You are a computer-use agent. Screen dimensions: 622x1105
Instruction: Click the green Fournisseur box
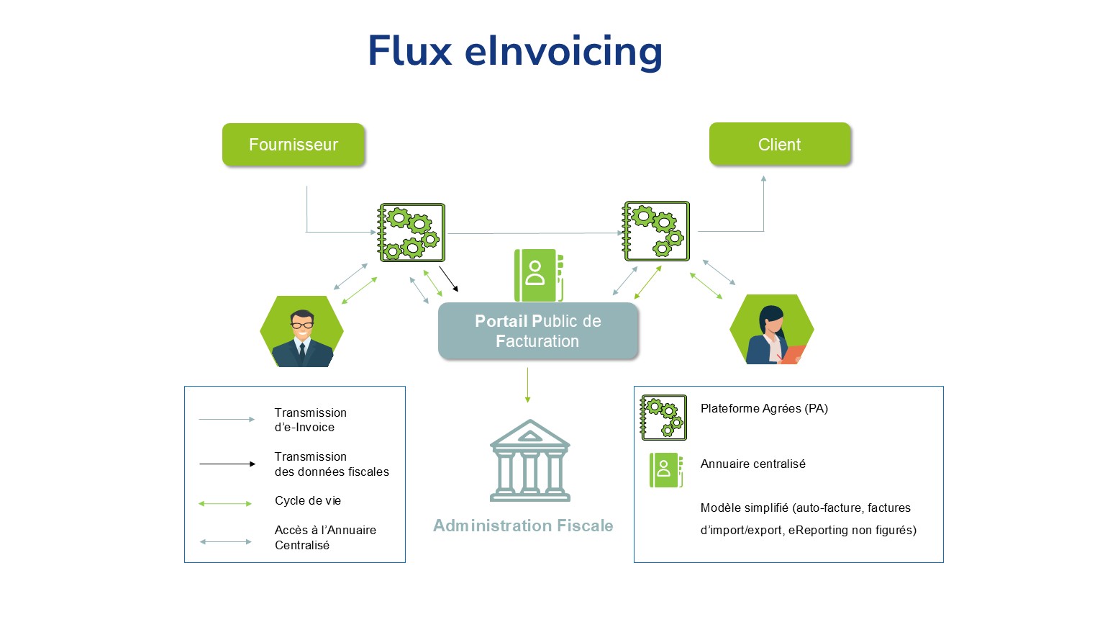point(294,145)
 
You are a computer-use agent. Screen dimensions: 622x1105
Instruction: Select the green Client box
point(780,145)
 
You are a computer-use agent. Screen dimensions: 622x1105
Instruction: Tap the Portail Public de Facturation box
point(538,331)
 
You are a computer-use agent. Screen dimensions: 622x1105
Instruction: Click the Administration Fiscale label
point(523,526)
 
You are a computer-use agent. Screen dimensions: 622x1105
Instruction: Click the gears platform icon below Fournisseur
point(412,233)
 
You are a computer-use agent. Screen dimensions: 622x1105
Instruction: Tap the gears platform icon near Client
point(657,231)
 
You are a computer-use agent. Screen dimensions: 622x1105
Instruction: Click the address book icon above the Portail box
point(538,275)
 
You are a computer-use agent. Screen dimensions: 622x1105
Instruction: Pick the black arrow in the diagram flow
point(449,279)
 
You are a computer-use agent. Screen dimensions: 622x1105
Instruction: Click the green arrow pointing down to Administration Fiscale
point(527,384)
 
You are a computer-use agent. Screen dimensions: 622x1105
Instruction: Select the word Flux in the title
point(410,51)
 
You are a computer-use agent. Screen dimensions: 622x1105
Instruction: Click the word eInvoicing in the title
point(563,51)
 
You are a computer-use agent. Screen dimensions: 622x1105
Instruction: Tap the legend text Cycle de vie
point(308,501)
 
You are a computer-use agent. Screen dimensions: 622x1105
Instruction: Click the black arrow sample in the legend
point(227,464)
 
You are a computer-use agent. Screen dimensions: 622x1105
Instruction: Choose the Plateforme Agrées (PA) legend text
point(764,409)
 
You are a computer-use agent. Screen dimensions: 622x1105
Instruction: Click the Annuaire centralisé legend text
point(752,464)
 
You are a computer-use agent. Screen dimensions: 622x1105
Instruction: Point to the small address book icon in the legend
point(665,470)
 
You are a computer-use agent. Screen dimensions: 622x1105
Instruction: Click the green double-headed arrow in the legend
point(225,504)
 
